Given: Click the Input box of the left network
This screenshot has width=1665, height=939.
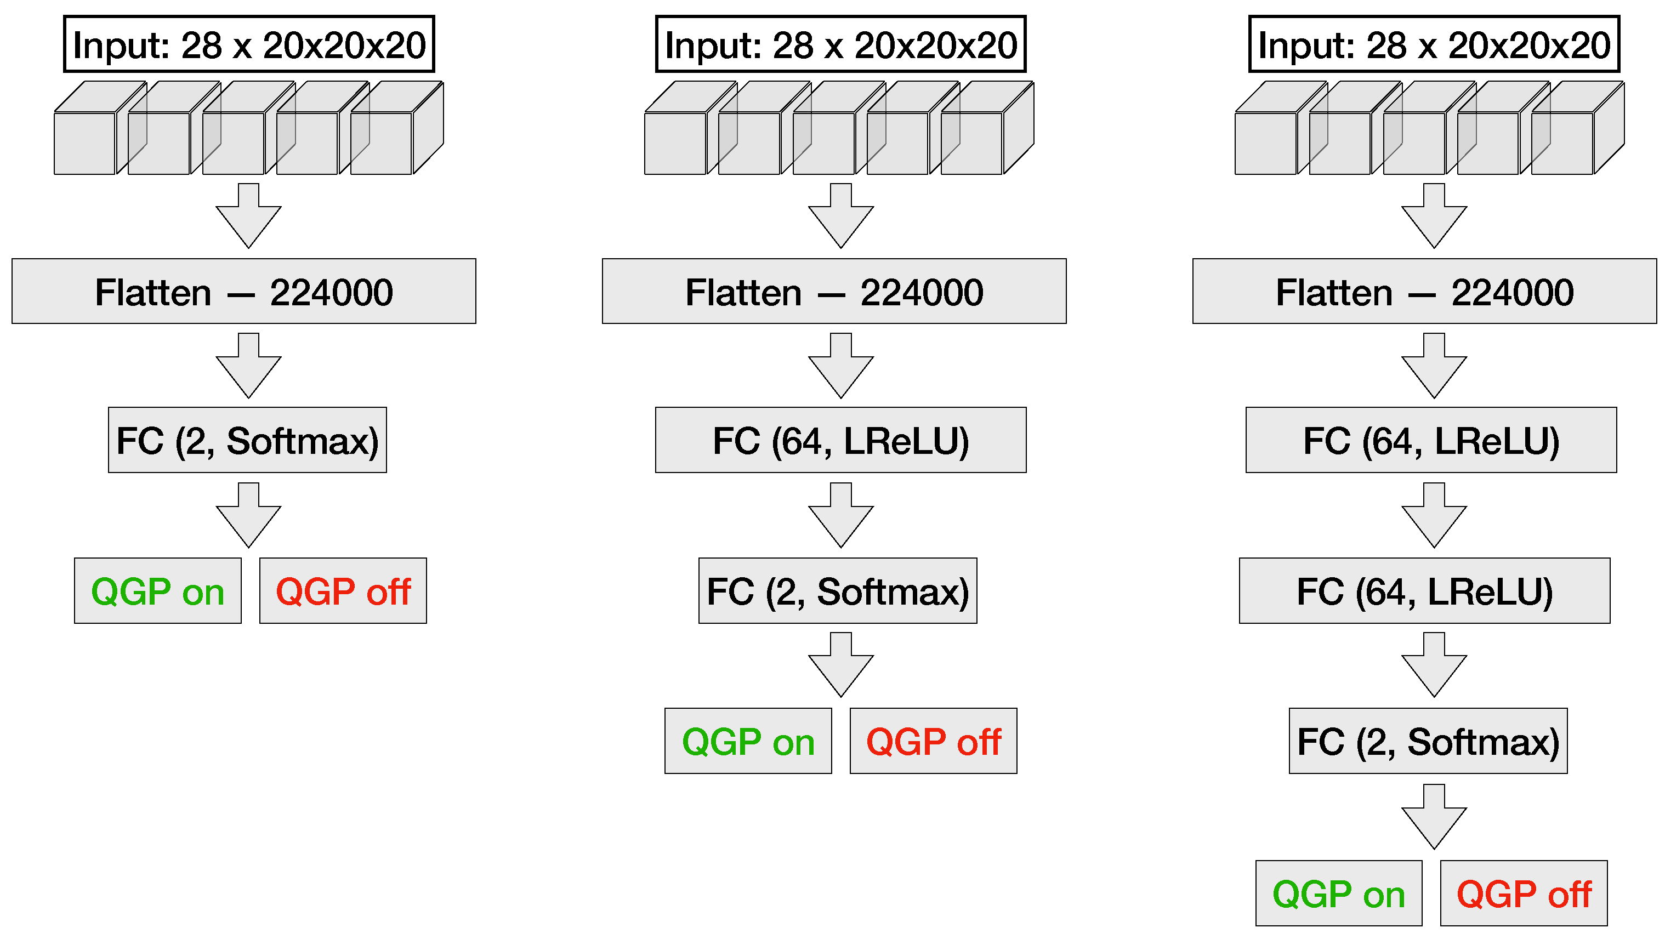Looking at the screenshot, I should pos(249,44).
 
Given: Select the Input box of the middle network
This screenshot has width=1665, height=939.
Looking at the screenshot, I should pos(840,44).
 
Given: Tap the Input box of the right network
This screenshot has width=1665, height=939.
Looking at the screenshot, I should pos(1434,44).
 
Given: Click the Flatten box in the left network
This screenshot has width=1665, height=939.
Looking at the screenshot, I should pos(243,292).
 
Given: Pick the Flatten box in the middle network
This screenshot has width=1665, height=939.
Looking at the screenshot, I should pos(834,292).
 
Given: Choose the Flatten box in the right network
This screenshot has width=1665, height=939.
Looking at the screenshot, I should pos(1424,292).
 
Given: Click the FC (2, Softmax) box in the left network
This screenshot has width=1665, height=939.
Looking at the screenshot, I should pos(248,440).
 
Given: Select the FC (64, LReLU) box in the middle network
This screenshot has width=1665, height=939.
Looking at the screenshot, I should pos(840,440).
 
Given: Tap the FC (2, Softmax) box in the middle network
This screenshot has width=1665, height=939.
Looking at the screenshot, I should pos(838,591).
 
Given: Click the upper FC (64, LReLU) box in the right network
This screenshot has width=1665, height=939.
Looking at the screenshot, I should pos(1431,440).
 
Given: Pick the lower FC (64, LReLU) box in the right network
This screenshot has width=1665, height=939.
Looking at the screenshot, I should pos(1424,591).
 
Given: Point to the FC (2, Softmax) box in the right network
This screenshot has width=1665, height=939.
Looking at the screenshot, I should pos(1428,741).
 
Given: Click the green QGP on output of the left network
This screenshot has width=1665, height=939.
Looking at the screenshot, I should pos(158,591).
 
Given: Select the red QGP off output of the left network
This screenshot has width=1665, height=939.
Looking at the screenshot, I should pos(343,591).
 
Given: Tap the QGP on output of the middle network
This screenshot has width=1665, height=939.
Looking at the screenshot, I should pos(748,741).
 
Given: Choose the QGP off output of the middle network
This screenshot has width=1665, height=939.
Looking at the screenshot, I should pos(933,741).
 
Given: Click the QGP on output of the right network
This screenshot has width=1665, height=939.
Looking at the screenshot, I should pos(1339,893).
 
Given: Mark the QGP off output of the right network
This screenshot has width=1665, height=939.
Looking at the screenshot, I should pos(1524,893).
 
